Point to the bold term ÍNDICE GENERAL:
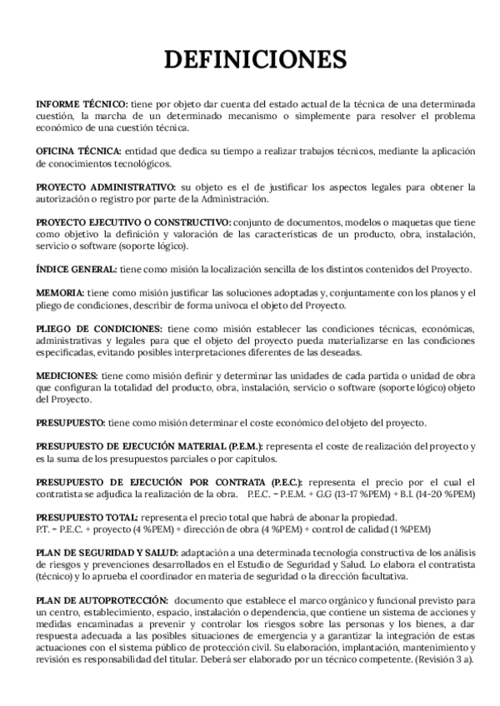pos(77,270)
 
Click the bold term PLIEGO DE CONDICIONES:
pos(99,329)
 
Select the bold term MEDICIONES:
pos(69,376)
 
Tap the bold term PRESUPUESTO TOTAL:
pos(87,517)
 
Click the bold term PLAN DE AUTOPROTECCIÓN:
pos(101,600)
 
